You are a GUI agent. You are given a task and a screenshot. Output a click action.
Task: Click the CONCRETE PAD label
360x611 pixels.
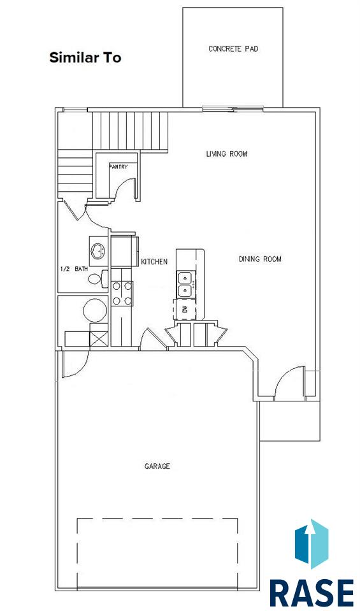click(x=233, y=49)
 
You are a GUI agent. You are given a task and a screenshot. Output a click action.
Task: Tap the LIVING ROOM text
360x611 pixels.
click(x=226, y=154)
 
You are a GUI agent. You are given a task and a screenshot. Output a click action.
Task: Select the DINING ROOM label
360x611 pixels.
click(x=260, y=259)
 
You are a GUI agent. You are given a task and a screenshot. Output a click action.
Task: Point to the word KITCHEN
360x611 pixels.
click(x=154, y=262)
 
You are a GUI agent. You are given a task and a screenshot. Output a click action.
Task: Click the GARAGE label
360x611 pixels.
click(x=157, y=466)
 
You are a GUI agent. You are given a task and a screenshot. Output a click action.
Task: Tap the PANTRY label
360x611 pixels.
click(x=118, y=167)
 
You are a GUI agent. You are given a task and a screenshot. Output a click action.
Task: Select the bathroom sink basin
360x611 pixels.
click(x=98, y=251)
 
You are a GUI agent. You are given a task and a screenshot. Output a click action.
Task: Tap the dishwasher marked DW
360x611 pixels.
click(x=185, y=309)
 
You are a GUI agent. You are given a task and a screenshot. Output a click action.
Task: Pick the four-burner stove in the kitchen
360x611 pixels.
click(x=122, y=294)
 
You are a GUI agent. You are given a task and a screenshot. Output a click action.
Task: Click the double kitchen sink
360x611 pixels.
click(x=185, y=284)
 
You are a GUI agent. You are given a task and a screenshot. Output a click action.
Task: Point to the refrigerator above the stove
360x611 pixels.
click(x=124, y=251)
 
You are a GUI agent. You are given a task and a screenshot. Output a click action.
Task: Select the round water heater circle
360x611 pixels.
click(x=94, y=311)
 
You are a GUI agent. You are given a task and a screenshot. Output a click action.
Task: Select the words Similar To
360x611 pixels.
click(x=85, y=58)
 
